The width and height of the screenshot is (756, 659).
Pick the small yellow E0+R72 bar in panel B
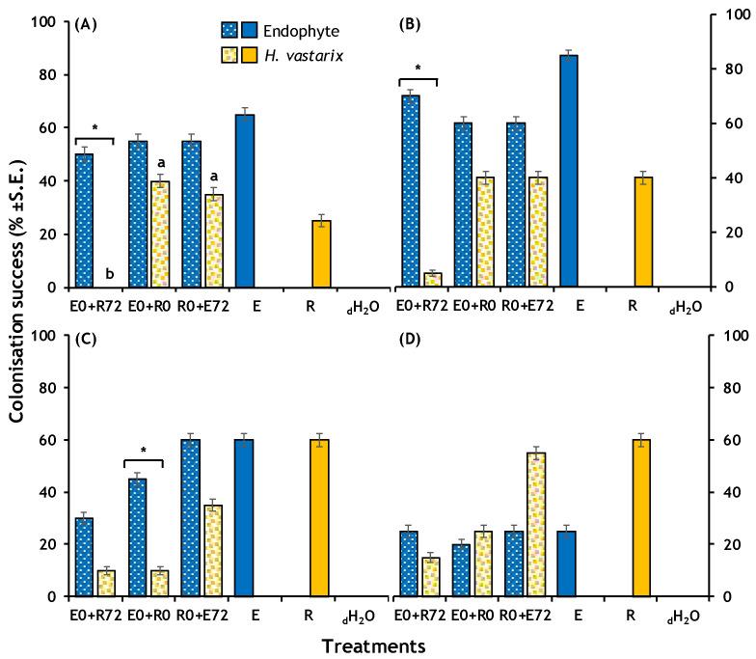point(433,280)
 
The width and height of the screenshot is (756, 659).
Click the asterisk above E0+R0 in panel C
point(145,451)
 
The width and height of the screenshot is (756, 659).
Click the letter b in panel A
point(109,275)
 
